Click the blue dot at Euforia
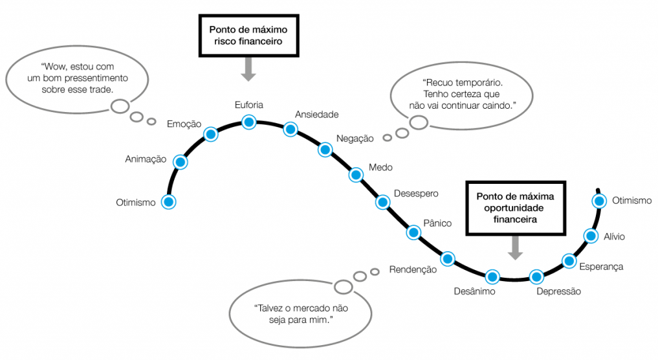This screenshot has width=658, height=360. [x=249, y=122]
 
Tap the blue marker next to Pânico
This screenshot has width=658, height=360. [x=413, y=232]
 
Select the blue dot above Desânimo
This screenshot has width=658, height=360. [x=492, y=276]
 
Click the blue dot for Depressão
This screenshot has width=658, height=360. [x=536, y=276]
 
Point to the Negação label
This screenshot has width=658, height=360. [x=355, y=139]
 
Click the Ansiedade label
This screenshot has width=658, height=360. [x=316, y=115]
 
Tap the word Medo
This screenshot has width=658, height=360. [x=380, y=167]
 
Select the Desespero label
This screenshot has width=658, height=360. [x=416, y=194]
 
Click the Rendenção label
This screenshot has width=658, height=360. [x=413, y=270]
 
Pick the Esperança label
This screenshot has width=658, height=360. [x=600, y=265]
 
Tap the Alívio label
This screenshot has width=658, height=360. [x=613, y=236]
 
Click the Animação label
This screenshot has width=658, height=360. [x=146, y=159]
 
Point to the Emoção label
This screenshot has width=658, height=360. [x=184, y=124]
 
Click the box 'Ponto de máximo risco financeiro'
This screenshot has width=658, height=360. [x=248, y=34]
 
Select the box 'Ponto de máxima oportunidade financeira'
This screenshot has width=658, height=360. [x=515, y=207]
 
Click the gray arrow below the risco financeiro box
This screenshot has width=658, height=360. [x=248, y=69]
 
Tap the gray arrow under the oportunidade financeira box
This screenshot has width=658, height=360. [x=515, y=247]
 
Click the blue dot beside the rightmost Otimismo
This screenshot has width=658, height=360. [x=600, y=201]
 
